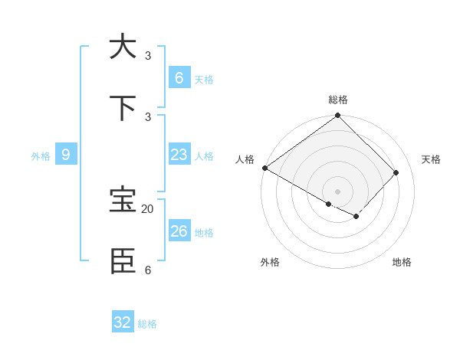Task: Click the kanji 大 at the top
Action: point(123,47)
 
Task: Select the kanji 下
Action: point(123,108)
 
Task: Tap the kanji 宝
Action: point(123,200)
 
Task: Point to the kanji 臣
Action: point(123,261)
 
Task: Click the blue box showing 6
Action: point(179,77)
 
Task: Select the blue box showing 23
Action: point(179,154)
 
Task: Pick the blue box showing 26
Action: point(179,231)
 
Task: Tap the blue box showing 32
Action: point(123,322)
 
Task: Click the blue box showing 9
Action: point(66,154)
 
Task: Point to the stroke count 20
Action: point(148,208)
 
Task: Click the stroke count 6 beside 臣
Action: point(148,270)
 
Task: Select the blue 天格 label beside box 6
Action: point(204,79)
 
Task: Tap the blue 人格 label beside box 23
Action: point(204,155)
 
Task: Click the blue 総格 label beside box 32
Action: point(147,324)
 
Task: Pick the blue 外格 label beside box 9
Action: point(41,156)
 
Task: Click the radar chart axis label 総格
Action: point(337,100)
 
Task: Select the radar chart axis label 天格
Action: point(432,159)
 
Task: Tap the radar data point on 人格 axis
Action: point(264,168)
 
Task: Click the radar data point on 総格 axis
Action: point(337,116)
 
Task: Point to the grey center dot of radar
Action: point(337,191)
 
